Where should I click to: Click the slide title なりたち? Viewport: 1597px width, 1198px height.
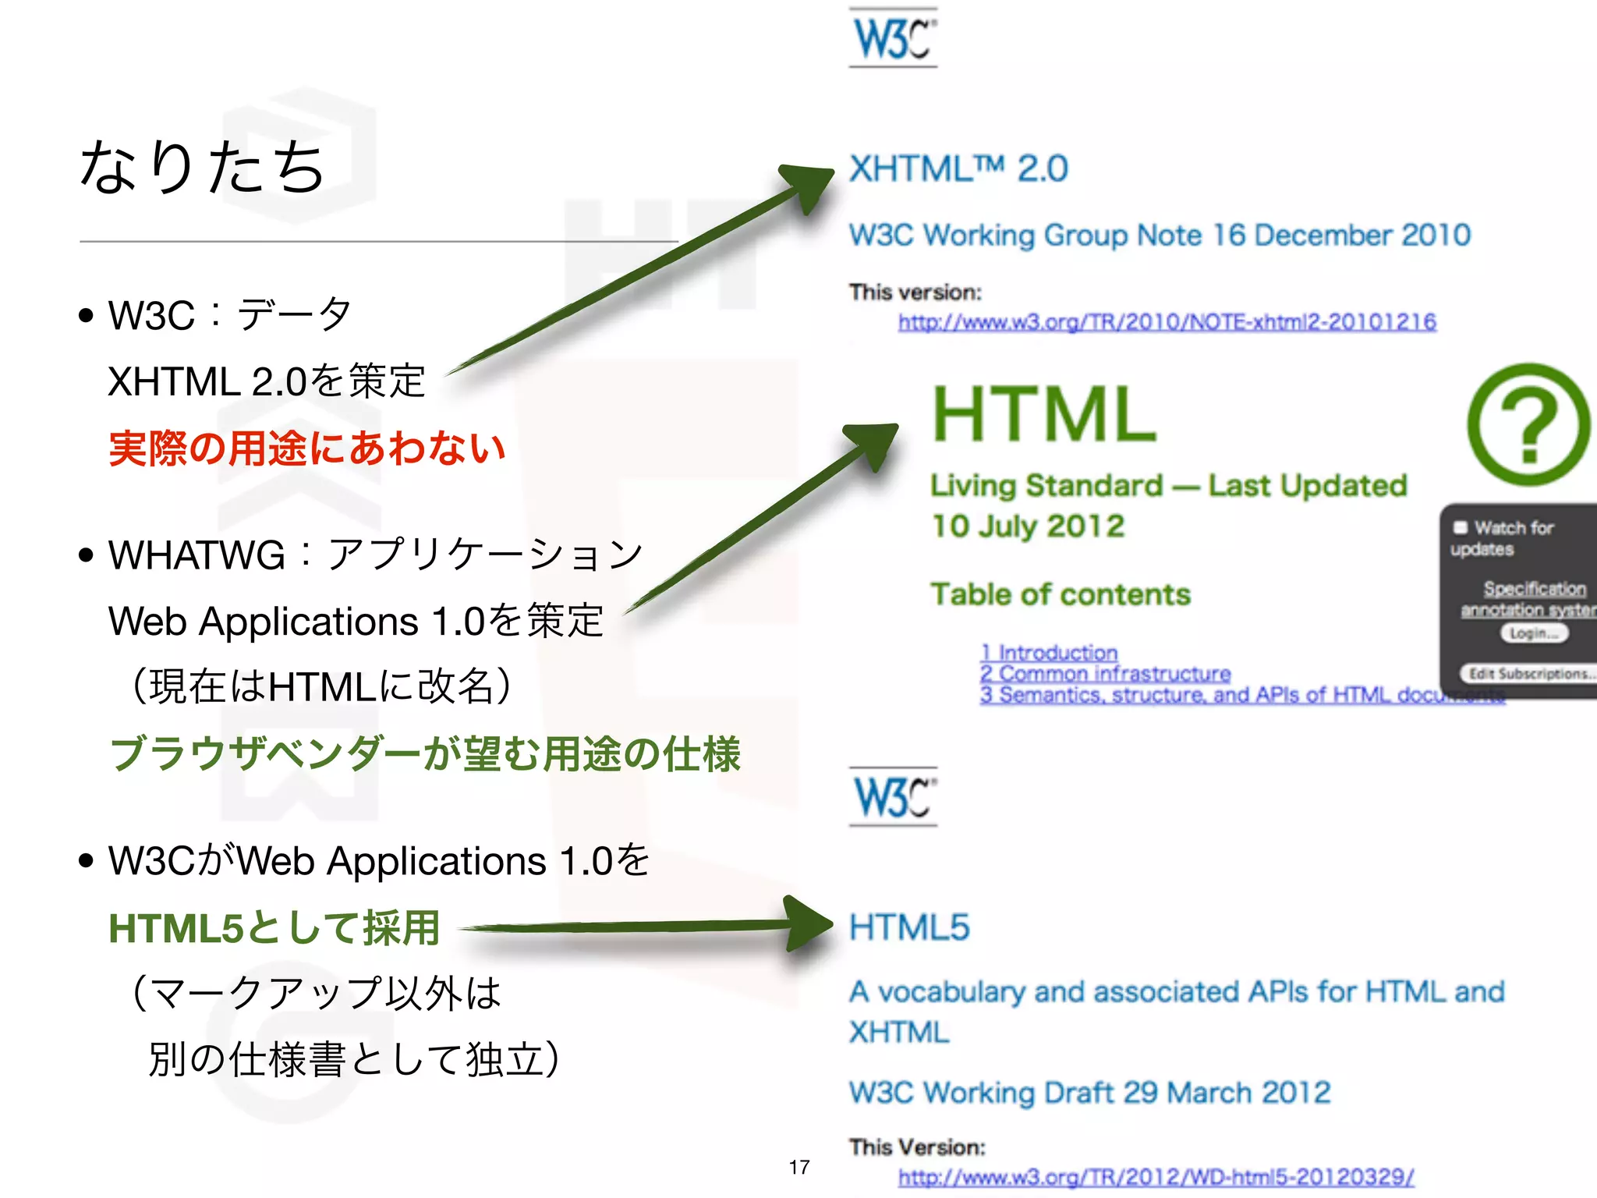click(x=201, y=167)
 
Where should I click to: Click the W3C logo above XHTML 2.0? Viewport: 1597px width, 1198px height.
click(x=893, y=37)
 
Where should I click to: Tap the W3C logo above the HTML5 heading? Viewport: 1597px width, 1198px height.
click(x=893, y=796)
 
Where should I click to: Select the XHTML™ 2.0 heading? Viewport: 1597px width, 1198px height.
click(x=958, y=168)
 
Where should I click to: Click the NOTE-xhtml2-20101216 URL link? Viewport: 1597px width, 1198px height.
click(x=1167, y=322)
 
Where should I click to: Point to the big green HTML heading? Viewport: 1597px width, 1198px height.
click(x=1044, y=414)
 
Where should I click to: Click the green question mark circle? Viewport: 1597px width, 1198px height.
click(x=1528, y=425)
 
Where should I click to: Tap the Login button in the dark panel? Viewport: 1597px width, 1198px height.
click(x=1534, y=633)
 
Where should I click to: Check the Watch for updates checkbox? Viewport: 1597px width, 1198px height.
click(x=1461, y=528)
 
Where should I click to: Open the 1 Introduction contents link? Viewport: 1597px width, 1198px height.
click(x=1049, y=652)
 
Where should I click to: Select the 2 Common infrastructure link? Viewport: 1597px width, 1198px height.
click(x=1105, y=673)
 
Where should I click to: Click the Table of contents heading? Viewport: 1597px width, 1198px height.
click(x=1061, y=594)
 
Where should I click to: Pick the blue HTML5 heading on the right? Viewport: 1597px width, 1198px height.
click(x=909, y=927)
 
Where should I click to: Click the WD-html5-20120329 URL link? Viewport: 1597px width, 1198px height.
click(x=1156, y=1177)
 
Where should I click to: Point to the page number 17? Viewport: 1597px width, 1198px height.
click(x=799, y=1167)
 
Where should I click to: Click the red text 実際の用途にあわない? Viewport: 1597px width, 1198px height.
click(x=307, y=448)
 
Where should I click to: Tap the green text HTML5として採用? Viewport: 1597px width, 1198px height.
click(x=274, y=928)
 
